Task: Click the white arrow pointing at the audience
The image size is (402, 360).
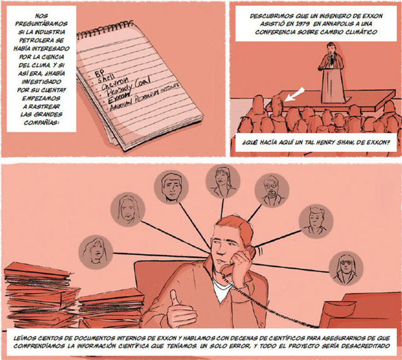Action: pyautogui.click(x=294, y=94)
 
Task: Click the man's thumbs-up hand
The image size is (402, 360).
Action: pyautogui.click(x=179, y=309)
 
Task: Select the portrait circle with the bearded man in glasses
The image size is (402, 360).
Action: pyautogui.click(x=272, y=190)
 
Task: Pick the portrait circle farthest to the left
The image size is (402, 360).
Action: pyautogui.click(x=96, y=252)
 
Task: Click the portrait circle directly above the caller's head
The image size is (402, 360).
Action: pyautogui.click(x=223, y=181)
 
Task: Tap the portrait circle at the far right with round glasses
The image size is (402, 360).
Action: pyautogui.click(x=346, y=269)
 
